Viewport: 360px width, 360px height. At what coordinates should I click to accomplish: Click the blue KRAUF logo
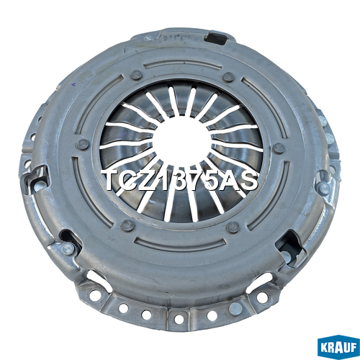pyautogui.click(x=338, y=348)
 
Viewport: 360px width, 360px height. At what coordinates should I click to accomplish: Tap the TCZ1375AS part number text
pyautogui.click(x=180, y=181)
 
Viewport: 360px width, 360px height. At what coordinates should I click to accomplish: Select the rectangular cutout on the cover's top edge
pyautogui.click(x=215, y=37)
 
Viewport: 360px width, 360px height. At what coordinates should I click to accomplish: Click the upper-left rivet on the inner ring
pyautogui.click(x=137, y=75)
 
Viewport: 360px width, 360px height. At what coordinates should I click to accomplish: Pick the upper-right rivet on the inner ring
pyautogui.click(x=228, y=77)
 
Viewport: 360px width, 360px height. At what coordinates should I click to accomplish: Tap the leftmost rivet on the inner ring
pyautogui.click(x=82, y=145)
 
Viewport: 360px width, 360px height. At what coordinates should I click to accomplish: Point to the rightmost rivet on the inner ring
pyautogui.click(x=279, y=148)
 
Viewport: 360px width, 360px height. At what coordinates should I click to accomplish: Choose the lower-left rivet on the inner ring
pyautogui.click(x=127, y=225)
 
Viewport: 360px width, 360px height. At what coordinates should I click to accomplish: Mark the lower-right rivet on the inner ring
pyautogui.click(x=233, y=228)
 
